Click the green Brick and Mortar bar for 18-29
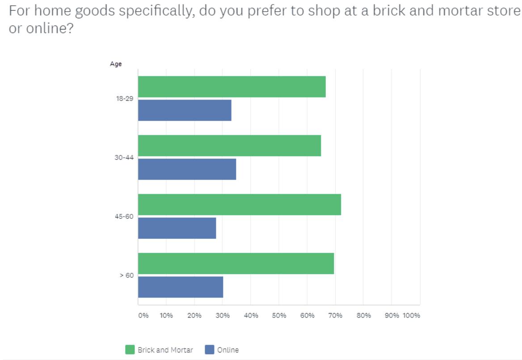click(x=232, y=87)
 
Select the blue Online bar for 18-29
click(x=185, y=110)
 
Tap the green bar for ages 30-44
click(x=229, y=146)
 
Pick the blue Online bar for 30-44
click(x=187, y=169)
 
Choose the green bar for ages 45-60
click(x=239, y=205)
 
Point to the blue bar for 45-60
click(x=177, y=228)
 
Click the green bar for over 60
click(x=236, y=264)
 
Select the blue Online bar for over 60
click(x=181, y=287)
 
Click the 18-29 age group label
click(x=125, y=99)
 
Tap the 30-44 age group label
click(x=125, y=158)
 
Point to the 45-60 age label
click(x=125, y=217)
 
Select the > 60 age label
click(x=126, y=276)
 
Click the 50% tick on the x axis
click(x=279, y=316)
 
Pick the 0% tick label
click(x=143, y=316)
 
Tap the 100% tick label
click(x=411, y=316)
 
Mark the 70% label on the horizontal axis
click(x=335, y=316)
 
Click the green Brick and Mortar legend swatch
click(x=130, y=350)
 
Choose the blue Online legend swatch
click(x=210, y=350)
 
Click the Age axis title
click(x=116, y=64)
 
